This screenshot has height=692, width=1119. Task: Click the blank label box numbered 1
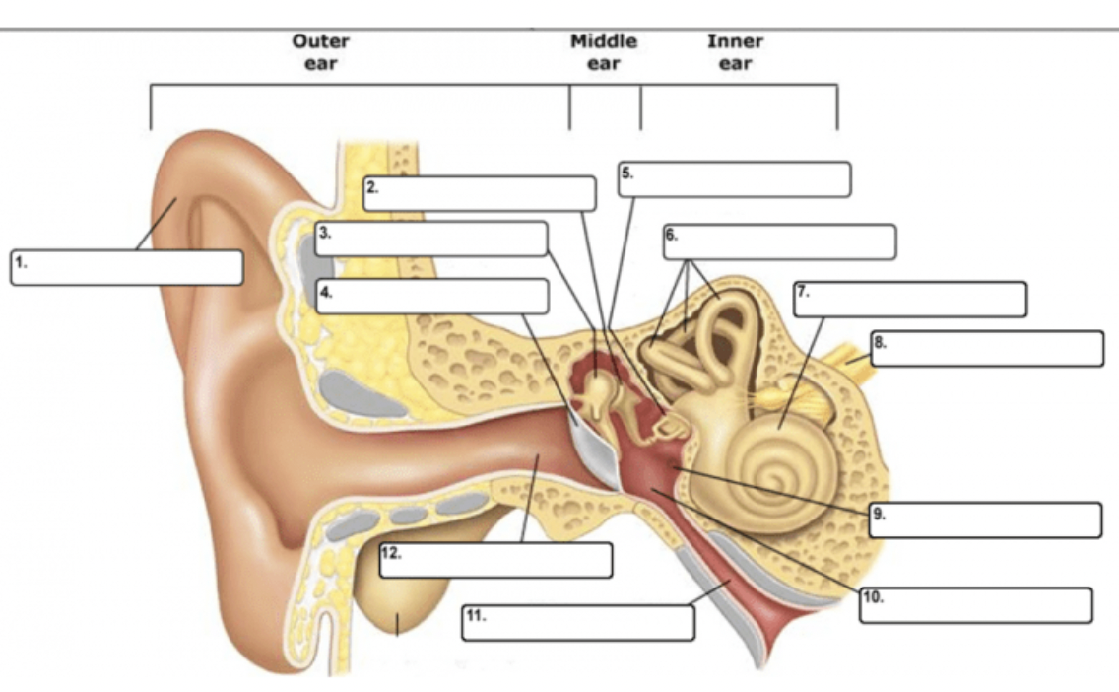click(127, 268)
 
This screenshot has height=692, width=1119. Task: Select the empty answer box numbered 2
click(480, 193)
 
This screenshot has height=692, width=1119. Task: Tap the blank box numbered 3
click(431, 240)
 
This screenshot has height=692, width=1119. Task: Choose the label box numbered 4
click(432, 297)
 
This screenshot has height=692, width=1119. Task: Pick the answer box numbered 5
click(735, 179)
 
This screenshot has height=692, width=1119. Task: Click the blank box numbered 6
click(780, 242)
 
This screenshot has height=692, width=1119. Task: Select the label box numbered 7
click(910, 300)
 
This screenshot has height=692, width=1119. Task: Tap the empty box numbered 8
click(987, 349)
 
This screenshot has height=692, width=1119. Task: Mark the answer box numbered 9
click(985, 519)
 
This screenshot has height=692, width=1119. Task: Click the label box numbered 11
click(578, 623)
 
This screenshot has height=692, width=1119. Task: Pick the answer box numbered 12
click(495, 560)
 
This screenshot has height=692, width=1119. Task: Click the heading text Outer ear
click(320, 53)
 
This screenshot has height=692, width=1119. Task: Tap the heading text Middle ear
click(604, 53)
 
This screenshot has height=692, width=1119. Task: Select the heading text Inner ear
click(735, 53)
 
